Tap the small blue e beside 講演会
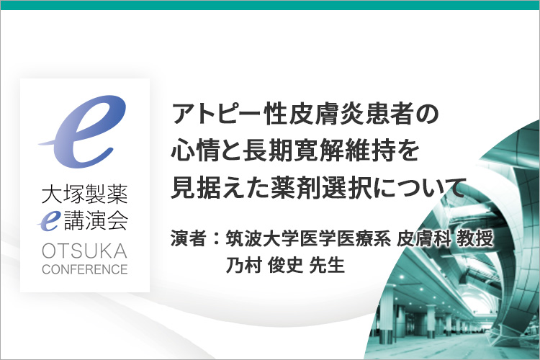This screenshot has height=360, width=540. point(49,220)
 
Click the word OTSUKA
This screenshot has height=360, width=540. point(85,251)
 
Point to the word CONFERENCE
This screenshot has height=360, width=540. point(85,269)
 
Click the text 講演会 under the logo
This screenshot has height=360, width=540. point(96,220)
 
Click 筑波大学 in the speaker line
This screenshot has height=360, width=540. point(262,238)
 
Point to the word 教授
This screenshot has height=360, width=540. point(475,238)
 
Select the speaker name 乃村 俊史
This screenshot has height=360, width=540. point(264,265)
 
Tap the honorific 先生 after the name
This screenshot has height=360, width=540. point(327,265)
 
